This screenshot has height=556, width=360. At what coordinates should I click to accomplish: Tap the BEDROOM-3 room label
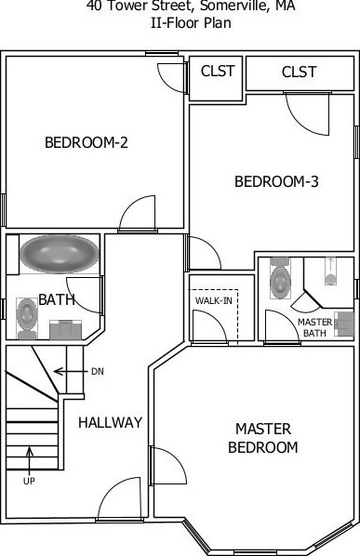[276, 181]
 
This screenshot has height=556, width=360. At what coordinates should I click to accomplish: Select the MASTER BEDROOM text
[263, 438]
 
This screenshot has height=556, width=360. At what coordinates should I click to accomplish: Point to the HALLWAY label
[110, 422]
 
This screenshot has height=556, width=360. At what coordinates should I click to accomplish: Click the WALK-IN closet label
[212, 300]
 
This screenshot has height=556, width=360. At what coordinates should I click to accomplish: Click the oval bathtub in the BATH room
[60, 253]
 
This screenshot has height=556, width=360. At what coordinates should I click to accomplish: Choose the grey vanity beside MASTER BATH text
[344, 324]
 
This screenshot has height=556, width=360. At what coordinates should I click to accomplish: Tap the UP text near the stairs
[29, 481]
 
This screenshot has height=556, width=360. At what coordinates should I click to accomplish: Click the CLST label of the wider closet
[299, 72]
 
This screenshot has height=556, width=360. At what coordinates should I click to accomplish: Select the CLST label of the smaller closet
[217, 72]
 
